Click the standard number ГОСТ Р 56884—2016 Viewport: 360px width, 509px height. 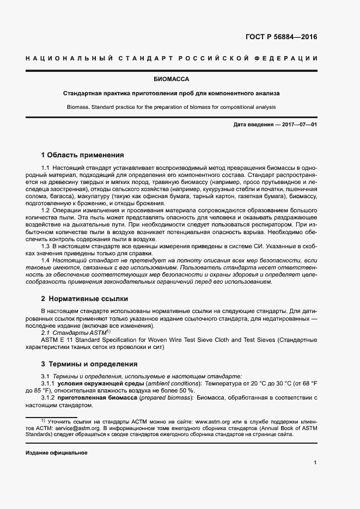281,38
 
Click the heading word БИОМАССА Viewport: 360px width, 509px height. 179,79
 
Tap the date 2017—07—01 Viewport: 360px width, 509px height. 299,125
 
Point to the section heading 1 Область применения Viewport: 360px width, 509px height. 82,155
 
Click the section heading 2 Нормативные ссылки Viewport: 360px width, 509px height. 84,299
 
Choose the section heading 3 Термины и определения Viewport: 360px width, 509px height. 89,364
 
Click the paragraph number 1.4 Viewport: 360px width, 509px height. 46,261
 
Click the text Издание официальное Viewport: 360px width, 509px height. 57,453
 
